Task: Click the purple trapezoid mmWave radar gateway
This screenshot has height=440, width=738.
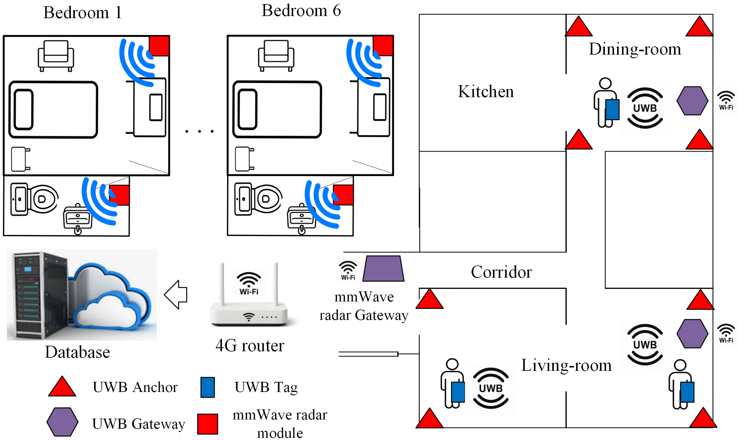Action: click(383, 269)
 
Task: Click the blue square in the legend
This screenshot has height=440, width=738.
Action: click(208, 387)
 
